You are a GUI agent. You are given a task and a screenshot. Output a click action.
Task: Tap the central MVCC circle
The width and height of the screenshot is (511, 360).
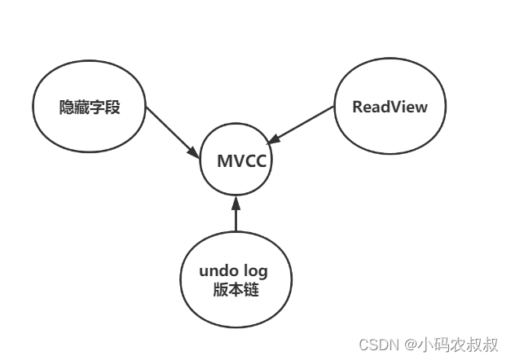click(236, 160)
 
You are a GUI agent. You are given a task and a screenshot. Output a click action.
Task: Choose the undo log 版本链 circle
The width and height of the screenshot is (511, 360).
click(235, 279)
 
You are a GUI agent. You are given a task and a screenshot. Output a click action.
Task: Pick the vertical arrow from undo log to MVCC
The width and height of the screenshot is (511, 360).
click(236, 216)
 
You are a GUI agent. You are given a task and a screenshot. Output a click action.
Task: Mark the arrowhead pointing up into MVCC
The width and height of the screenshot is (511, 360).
click(236, 200)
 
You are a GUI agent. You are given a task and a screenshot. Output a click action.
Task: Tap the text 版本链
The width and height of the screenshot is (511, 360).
click(235, 289)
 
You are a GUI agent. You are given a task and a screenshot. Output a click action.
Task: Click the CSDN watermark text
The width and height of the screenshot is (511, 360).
click(377, 344)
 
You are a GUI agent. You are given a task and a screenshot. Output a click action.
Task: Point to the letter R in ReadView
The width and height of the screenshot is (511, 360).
click(357, 108)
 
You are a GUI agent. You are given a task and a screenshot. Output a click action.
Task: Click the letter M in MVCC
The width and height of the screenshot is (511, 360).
click(224, 160)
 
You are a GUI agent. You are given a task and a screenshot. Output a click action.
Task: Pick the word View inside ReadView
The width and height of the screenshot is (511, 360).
click(409, 108)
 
